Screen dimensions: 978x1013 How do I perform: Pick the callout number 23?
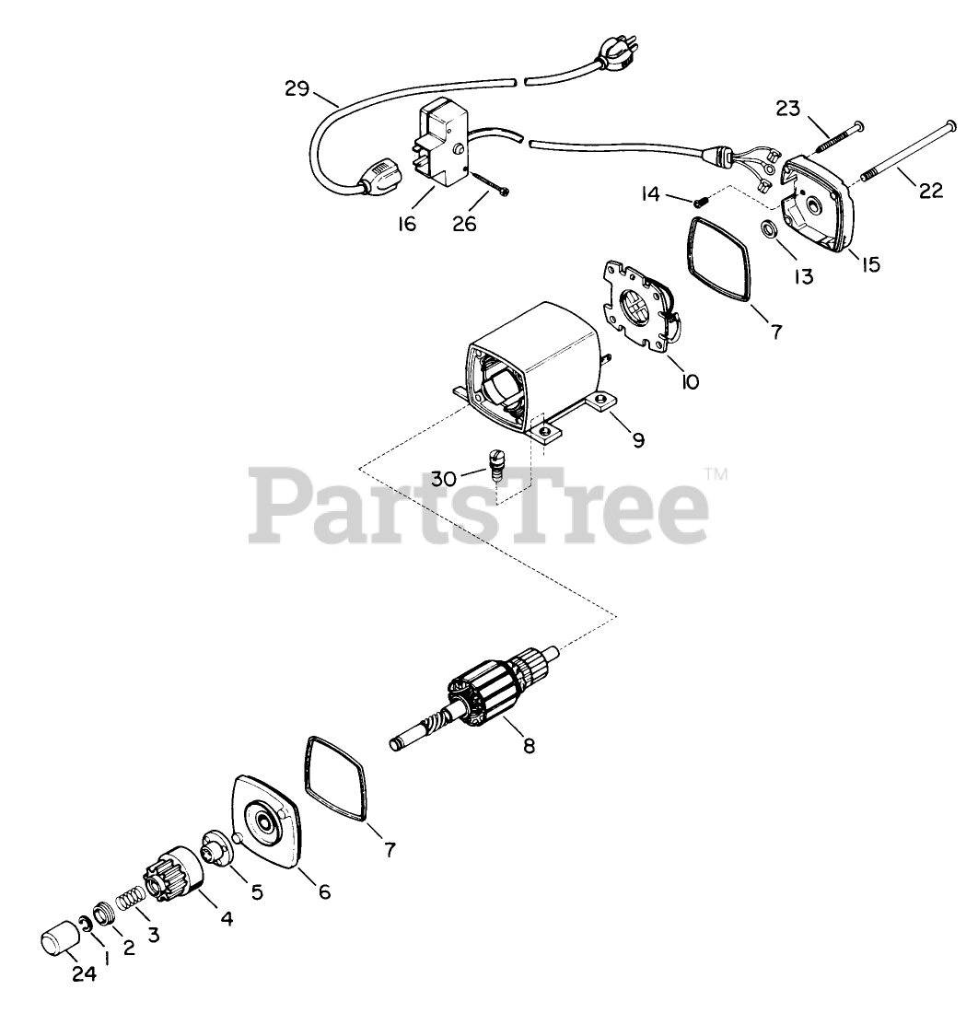[787, 109]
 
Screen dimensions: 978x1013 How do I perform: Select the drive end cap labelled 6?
[266, 819]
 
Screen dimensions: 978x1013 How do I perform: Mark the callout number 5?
[256, 891]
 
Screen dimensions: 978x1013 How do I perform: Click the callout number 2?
[129, 947]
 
